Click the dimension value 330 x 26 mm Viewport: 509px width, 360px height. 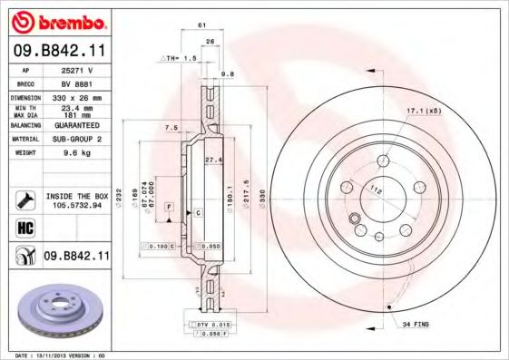pos(77,96)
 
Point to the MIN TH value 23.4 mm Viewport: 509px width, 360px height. pos(77,107)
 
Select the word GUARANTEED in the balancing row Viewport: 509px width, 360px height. pos(77,126)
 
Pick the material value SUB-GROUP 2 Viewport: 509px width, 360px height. pos(77,140)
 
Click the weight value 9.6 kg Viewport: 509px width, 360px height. pos(77,153)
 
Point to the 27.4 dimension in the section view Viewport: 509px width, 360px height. pos(213,160)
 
